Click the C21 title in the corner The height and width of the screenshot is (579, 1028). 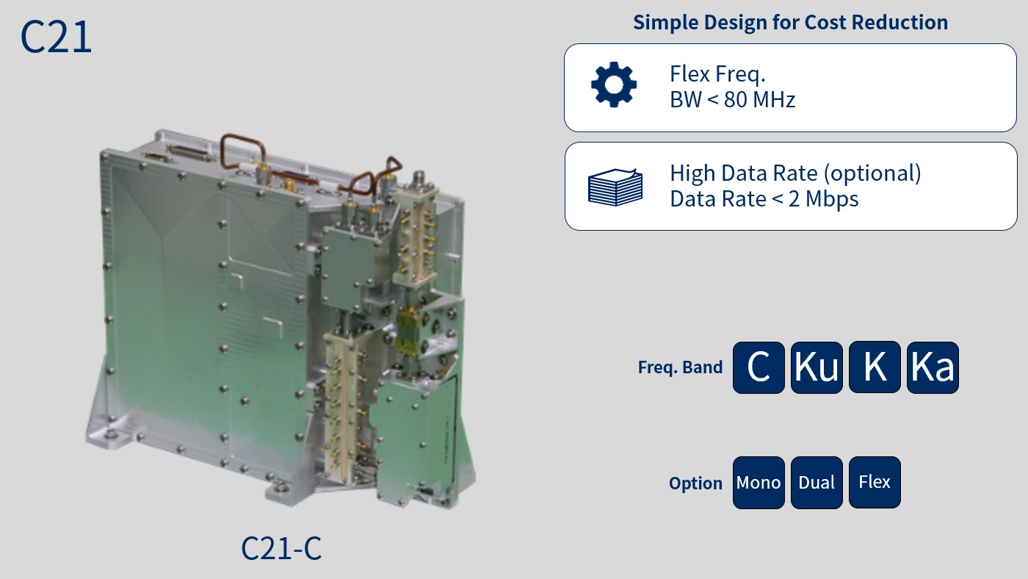(56, 37)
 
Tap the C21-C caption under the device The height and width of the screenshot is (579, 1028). (281, 548)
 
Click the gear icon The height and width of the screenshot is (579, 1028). (614, 84)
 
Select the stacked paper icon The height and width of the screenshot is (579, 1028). (615, 187)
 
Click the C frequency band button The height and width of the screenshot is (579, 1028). (759, 367)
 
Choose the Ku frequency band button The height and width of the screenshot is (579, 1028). (817, 367)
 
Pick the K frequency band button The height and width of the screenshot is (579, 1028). (875, 367)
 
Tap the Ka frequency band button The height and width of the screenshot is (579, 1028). (933, 367)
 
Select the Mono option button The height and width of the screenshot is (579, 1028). (759, 483)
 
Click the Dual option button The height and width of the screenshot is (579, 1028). (817, 483)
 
